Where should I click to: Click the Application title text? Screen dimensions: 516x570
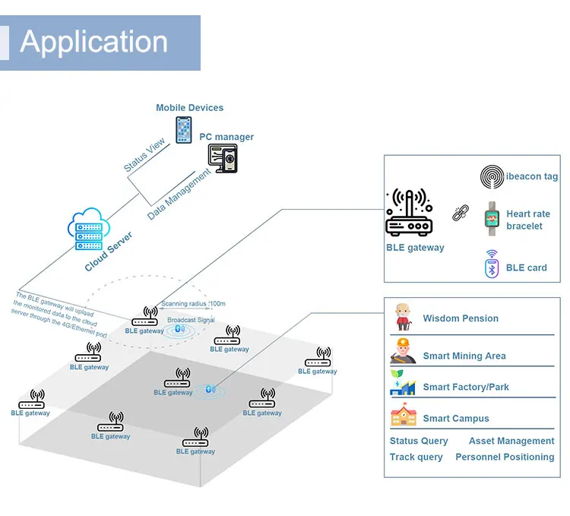point(93,42)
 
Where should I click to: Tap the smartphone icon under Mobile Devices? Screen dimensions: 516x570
point(184,129)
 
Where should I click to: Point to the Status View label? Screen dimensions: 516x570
point(144,155)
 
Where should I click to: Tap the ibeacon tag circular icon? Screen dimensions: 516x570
point(492,177)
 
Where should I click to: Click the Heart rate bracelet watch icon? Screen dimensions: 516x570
point(491,218)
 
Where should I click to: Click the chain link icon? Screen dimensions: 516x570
point(459,214)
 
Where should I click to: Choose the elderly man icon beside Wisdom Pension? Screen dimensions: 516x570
point(402,318)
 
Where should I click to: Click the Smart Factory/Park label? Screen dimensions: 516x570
point(466,388)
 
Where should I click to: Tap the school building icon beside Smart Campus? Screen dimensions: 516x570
point(403,416)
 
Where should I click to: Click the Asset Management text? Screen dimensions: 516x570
point(511,441)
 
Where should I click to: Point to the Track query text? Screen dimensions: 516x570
point(416,457)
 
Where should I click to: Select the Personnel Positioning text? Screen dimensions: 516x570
point(505,457)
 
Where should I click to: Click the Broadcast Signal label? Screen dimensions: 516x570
point(191,321)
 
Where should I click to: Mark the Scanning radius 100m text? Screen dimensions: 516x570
point(192,303)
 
